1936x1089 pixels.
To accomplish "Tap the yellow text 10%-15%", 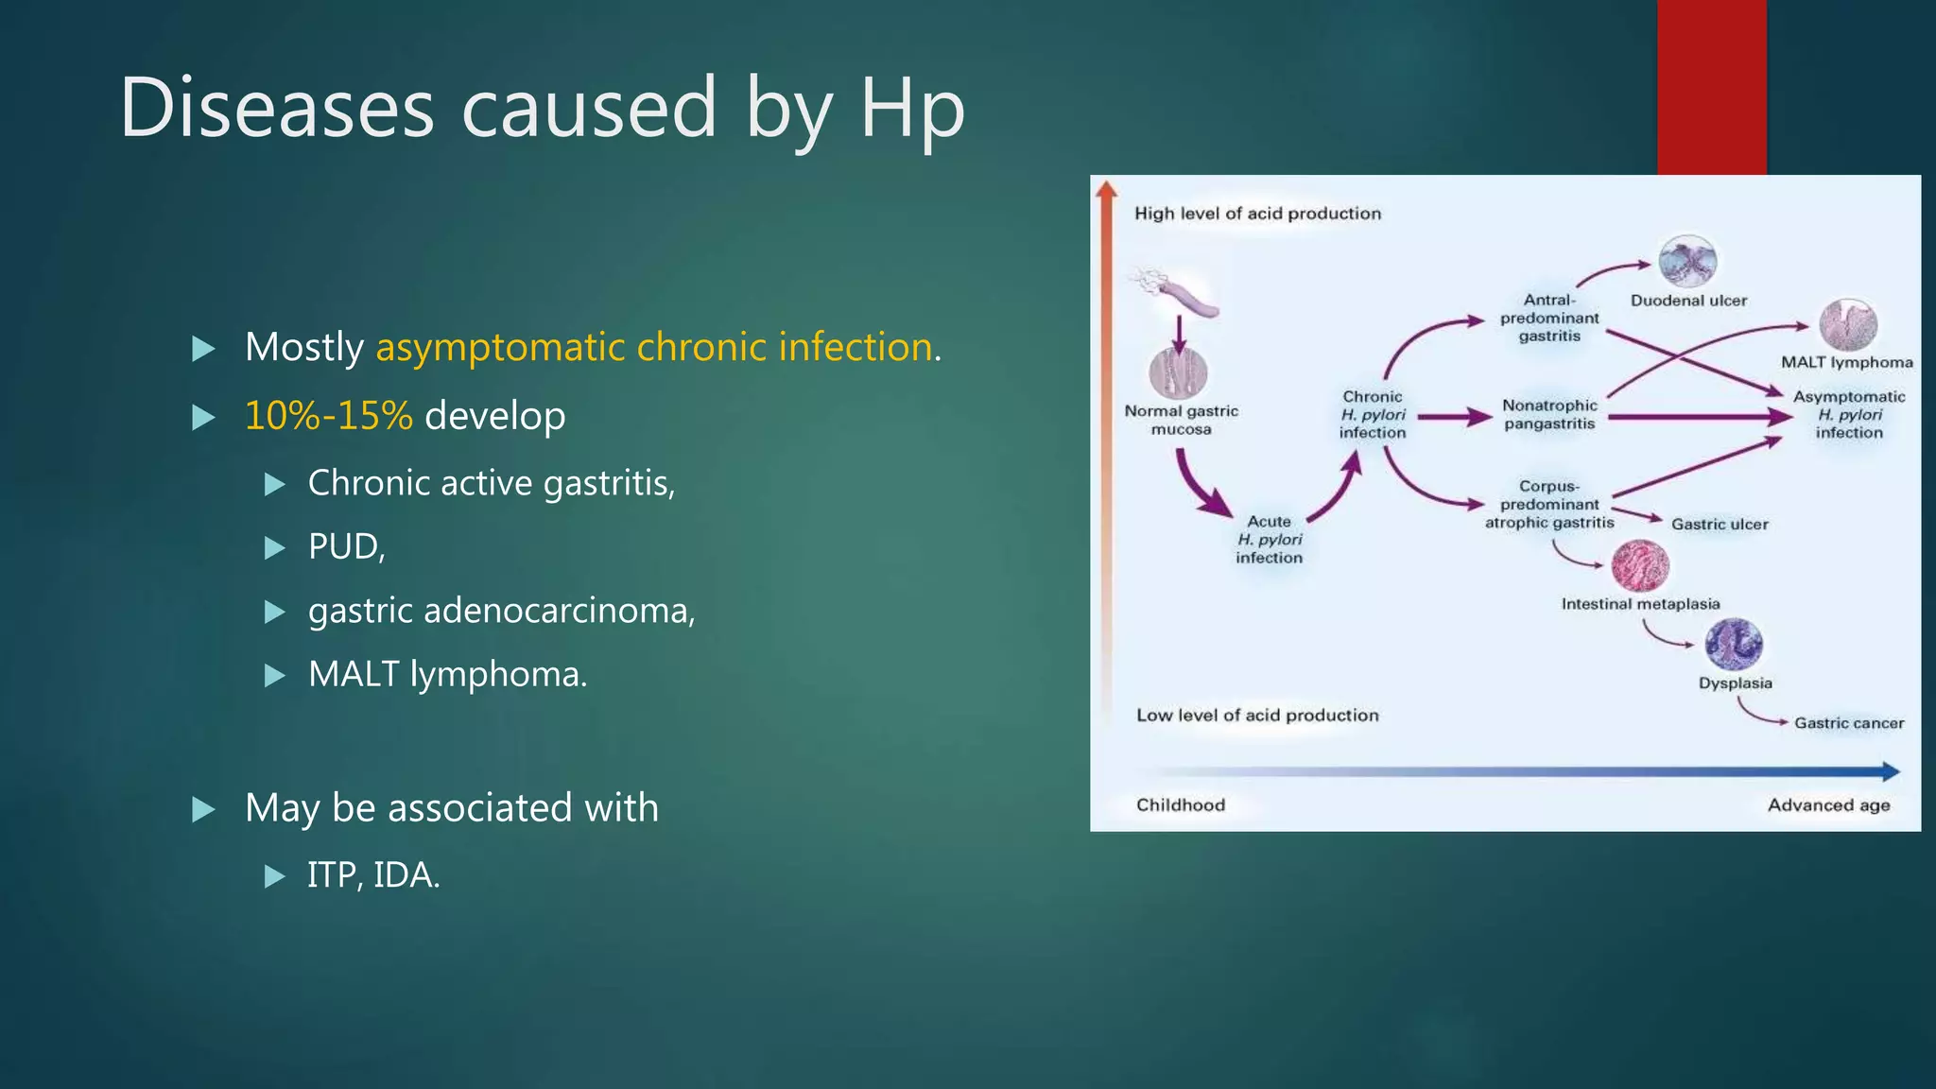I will click(x=328, y=416).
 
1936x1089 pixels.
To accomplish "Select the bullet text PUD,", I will click(x=346, y=546).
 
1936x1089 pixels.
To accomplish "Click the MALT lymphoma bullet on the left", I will click(x=447, y=674).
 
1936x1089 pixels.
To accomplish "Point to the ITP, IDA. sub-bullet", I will click(x=373, y=875).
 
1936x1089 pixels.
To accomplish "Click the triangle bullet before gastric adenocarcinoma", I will click(x=275, y=612).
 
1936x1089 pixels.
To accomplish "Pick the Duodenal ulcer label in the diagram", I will click(x=1688, y=301).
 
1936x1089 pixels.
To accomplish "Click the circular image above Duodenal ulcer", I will click(x=1687, y=261).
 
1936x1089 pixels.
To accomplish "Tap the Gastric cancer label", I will click(x=1848, y=723).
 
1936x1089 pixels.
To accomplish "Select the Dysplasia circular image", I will click(x=1733, y=645).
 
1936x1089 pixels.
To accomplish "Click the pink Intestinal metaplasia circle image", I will click(x=1639, y=565).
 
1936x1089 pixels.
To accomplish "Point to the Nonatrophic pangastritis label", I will click(x=1549, y=414).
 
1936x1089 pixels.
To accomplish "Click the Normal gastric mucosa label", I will click(x=1181, y=420).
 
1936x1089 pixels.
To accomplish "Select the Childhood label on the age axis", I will click(x=1180, y=805).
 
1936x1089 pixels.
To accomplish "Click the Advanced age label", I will click(x=1828, y=805).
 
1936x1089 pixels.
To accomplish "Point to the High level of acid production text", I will click(x=1257, y=214).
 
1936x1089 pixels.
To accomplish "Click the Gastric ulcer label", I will click(x=1719, y=525).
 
